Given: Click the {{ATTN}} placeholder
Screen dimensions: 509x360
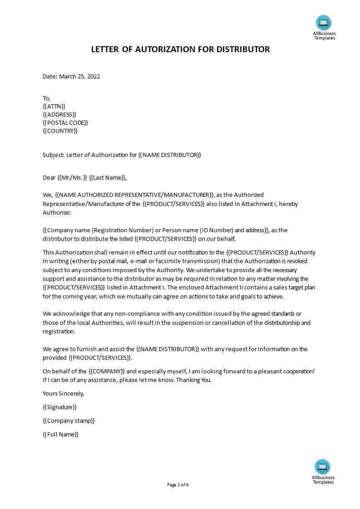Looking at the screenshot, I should pyautogui.click(x=54, y=106).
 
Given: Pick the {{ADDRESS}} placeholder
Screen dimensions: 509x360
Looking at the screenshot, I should pyautogui.click(x=59, y=114).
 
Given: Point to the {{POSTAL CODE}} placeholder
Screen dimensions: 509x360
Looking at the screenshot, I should pyautogui.click(x=65, y=122).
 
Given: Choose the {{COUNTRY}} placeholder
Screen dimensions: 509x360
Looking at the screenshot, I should pyautogui.click(x=60, y=131).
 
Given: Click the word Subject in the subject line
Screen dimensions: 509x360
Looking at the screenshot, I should pyautogui.click(x=53, y=155).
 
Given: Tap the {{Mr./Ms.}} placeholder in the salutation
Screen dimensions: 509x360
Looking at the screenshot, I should pyautogui.click(x=72, y=177).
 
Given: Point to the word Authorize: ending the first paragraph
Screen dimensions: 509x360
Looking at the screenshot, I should pyautogui.click(x=57, y=212).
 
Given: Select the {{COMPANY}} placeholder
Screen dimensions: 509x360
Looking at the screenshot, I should pyautogui.click(x=107, y=371).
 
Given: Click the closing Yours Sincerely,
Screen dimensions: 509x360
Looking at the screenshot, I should pyautogui.click(x=63, y=393).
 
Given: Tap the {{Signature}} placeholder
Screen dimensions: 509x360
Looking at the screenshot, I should pyautogui.click(x=59, y=407).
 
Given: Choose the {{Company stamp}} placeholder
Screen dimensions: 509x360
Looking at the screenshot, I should pyautogui.click(x=69, y=421).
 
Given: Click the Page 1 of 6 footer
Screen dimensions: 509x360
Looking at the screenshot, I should pyautogui.click(x=178, y=485).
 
